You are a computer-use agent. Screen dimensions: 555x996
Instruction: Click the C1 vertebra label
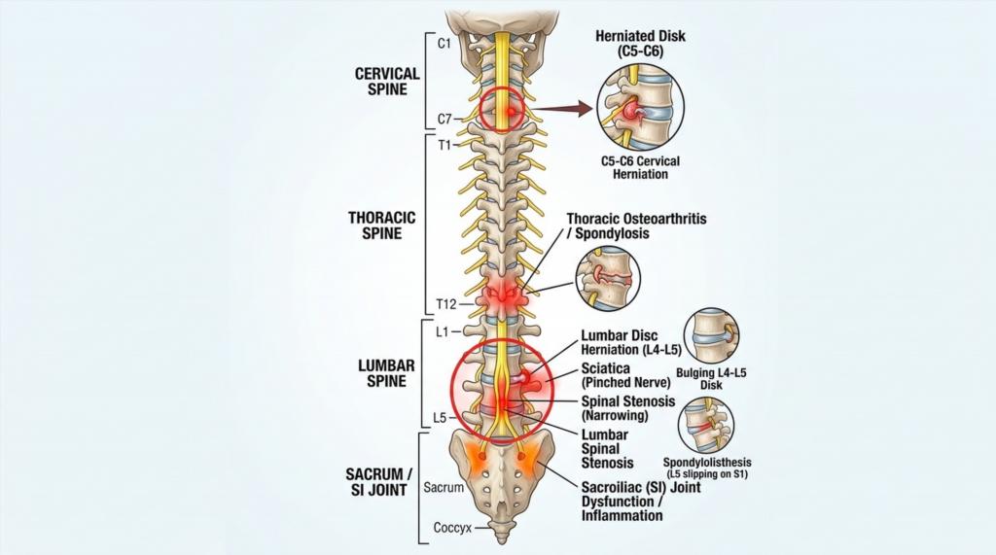tap(445, 44)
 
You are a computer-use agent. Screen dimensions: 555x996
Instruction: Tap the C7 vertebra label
tap(445, 120)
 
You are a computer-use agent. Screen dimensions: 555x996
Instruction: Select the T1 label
tap(445, 146)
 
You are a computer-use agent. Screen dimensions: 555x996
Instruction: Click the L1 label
tap(443, 331)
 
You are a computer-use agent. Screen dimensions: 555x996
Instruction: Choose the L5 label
tap(440, 419)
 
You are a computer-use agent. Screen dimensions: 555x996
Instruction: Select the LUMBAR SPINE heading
tap(387, 372)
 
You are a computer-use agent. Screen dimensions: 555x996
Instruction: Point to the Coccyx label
tap(451, 530)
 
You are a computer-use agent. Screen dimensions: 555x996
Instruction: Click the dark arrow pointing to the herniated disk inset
tap(565, 109)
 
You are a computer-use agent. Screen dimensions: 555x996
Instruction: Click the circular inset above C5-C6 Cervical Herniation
tap(640, 107)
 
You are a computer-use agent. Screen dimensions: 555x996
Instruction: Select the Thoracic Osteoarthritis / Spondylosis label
tap(636, 226)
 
